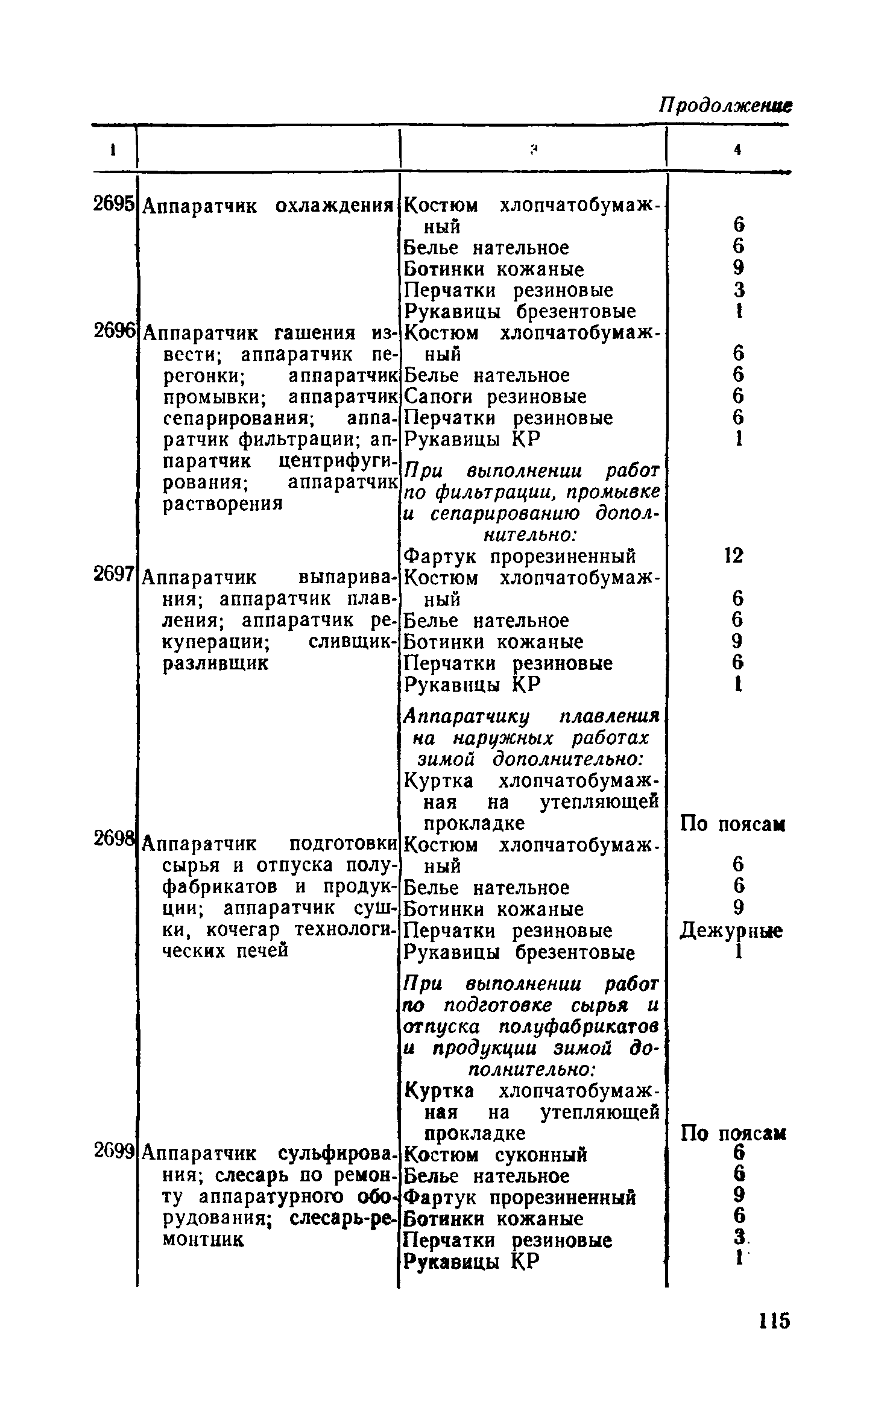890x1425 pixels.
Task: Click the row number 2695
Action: tap(113, 204)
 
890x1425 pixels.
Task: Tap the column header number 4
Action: tap(737, 151)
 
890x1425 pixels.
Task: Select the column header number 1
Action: tap(112, 151)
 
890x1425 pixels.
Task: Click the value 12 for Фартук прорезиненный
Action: tap(734, 555)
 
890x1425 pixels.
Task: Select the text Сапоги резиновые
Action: tap(494, 397)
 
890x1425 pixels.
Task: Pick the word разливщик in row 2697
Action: tap(216, 663)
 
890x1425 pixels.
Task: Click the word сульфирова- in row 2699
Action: tap(338, 1154)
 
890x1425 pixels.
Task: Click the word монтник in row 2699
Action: tap(203, 1239)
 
